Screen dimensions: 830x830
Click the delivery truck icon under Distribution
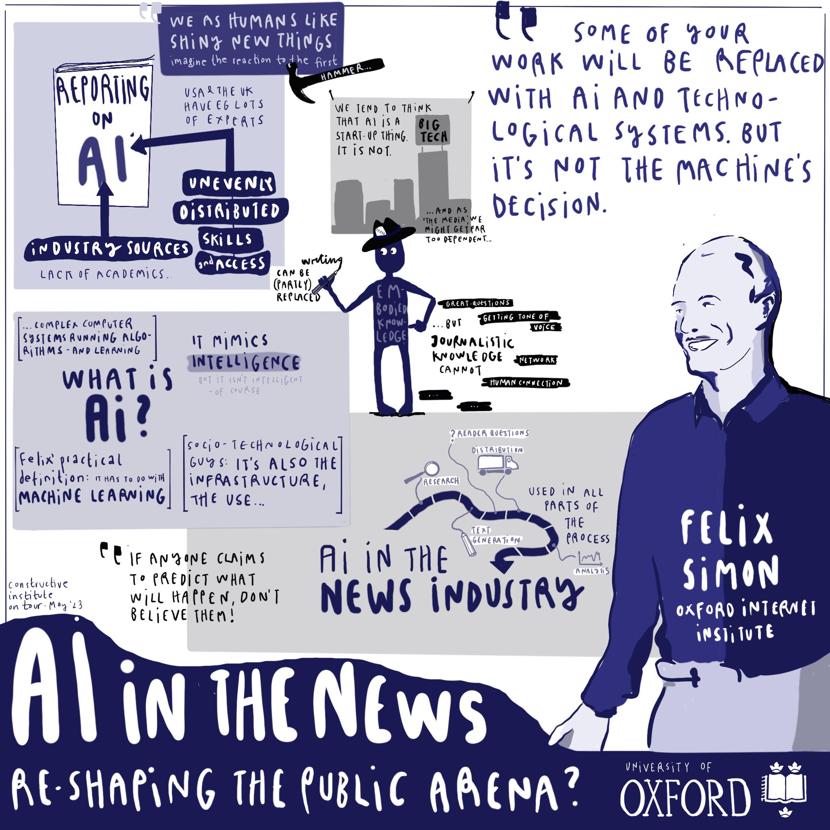[x=498, y=465]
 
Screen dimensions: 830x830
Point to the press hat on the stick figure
[x=387, y=235]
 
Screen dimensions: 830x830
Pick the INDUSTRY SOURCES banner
[x=108, y=250]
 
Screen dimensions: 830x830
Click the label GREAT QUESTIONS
[x=477, y=303]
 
